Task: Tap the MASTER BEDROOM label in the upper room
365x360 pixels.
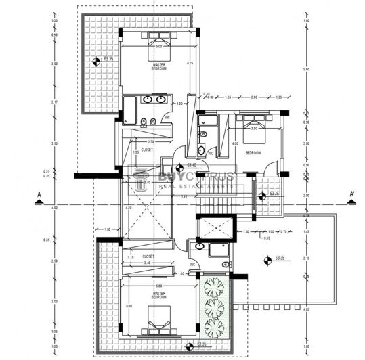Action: click(159, 66)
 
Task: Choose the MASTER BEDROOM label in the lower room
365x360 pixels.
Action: click(159, 295)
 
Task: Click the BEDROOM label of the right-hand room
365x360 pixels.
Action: click(253, 152)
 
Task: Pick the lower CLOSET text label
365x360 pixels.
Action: click(147, 257)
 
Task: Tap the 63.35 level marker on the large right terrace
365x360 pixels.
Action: click(279, 257)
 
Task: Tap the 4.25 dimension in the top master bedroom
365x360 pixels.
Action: click(190, 64)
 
